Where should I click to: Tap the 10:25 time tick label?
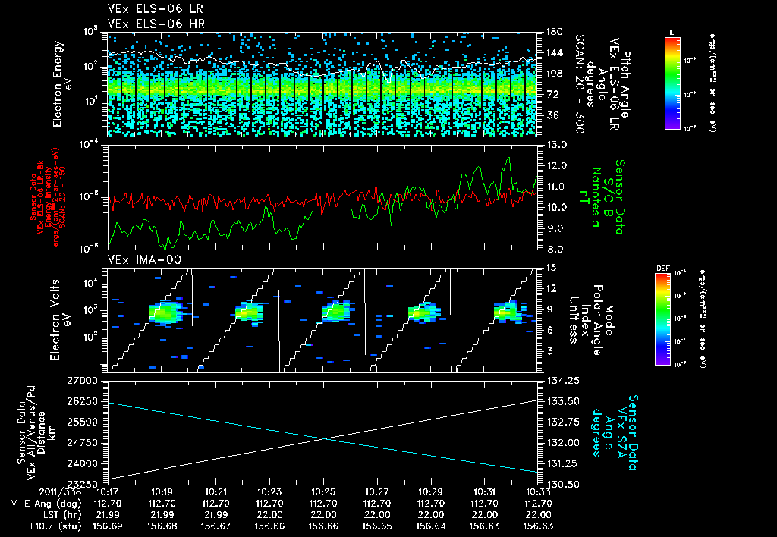pyautogui.click(x=324, y=491)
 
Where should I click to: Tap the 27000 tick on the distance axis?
pyautogui.click(x=87, y=379)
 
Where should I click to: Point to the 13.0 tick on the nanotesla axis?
pyautogui.click(x=555, y=144)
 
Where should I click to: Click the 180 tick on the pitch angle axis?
pyautogui.click(x=552, y=31)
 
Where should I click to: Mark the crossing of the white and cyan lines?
pyautogui.click(x=325, y=438)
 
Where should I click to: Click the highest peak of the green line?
pyautogui.click(x=508, y=158)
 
